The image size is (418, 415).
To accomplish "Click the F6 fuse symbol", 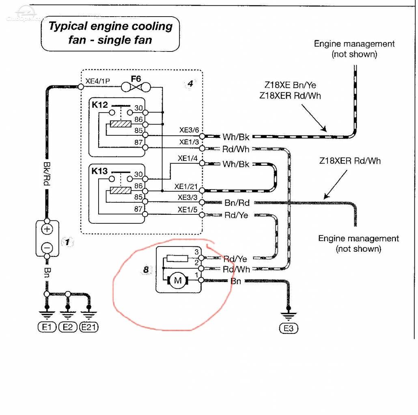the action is [136, 87].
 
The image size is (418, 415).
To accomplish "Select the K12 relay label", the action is [100, 105].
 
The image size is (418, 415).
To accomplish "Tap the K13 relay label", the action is [99, 171].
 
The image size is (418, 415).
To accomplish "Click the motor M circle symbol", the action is [177, 280].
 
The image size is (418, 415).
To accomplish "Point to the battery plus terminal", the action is [47, 229].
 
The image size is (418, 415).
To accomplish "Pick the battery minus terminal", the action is [47, 248].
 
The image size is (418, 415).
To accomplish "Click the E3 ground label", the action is [289, 328].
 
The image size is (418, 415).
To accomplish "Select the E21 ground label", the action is [89, 327].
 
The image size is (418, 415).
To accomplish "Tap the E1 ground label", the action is [47, 327].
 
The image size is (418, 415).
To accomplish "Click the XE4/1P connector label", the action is [97, 81].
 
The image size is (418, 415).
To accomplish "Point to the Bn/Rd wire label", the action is [237, 203].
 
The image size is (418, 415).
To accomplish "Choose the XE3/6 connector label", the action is [189, 130].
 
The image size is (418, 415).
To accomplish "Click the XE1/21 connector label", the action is [186, 186].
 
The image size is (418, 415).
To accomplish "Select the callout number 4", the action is [190, 84].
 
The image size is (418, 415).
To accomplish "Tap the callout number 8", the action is [146, 270].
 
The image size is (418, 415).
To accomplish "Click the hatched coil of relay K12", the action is [121, 124].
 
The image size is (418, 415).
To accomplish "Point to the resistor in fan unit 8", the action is [177, 258].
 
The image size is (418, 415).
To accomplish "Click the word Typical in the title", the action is [68, 27].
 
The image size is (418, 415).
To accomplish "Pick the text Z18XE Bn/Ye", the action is [290, 85].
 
